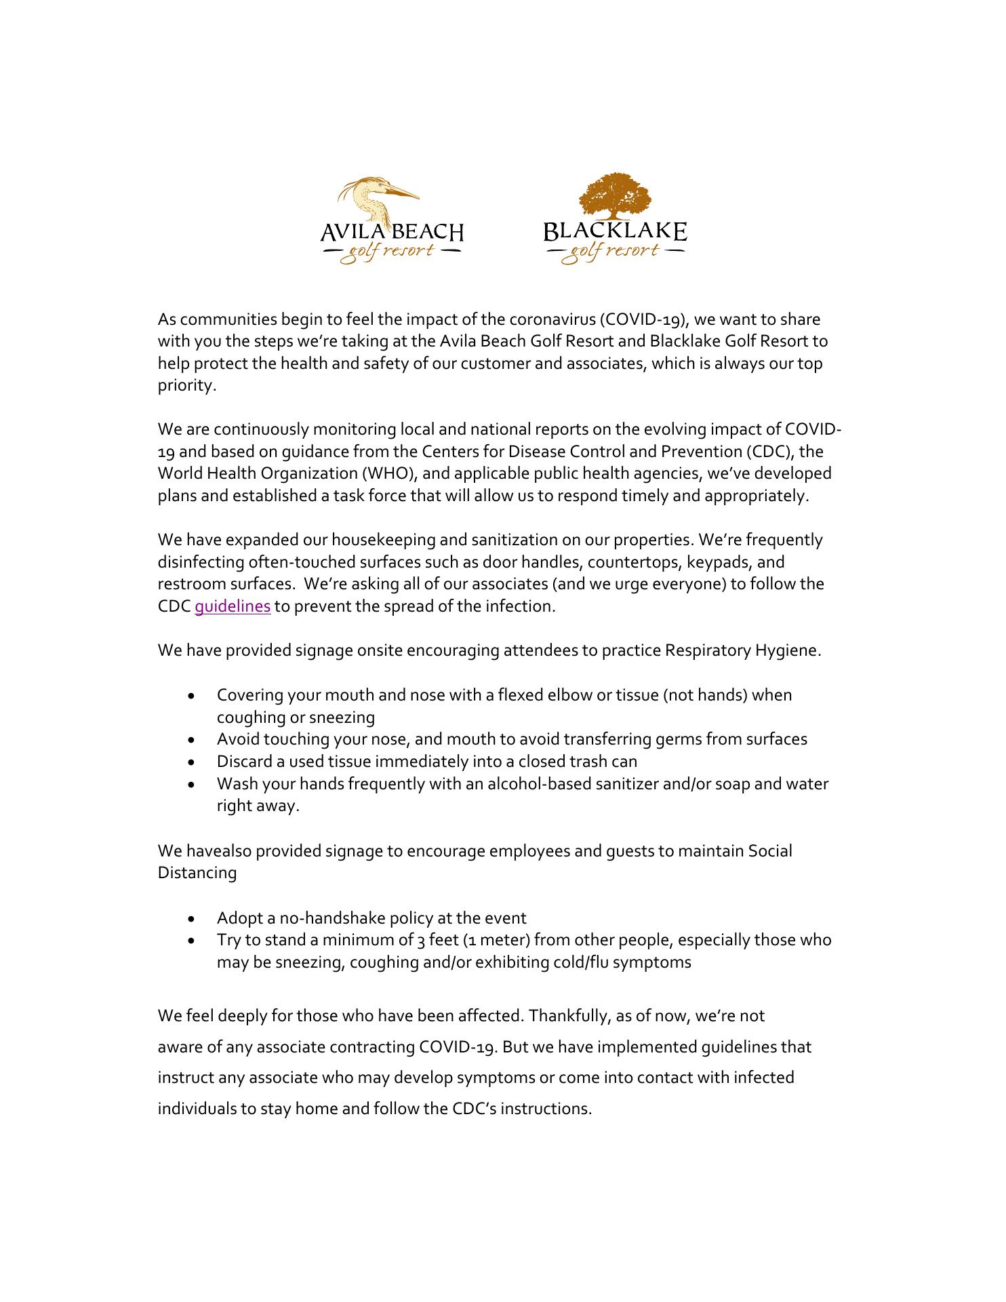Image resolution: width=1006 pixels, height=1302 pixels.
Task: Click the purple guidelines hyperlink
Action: (233, 606)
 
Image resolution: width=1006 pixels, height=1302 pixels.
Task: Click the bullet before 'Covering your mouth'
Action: (194, 696)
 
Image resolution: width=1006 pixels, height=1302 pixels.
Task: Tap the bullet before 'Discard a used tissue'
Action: (194, 762)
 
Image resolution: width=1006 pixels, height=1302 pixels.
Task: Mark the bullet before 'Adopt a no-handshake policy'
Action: (194, 919)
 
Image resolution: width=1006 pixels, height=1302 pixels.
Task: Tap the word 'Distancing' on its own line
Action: (197, 873)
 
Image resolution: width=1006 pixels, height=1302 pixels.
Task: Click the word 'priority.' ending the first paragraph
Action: (187, 386)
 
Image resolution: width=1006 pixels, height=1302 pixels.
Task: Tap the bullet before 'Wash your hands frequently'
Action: (194, 785)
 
